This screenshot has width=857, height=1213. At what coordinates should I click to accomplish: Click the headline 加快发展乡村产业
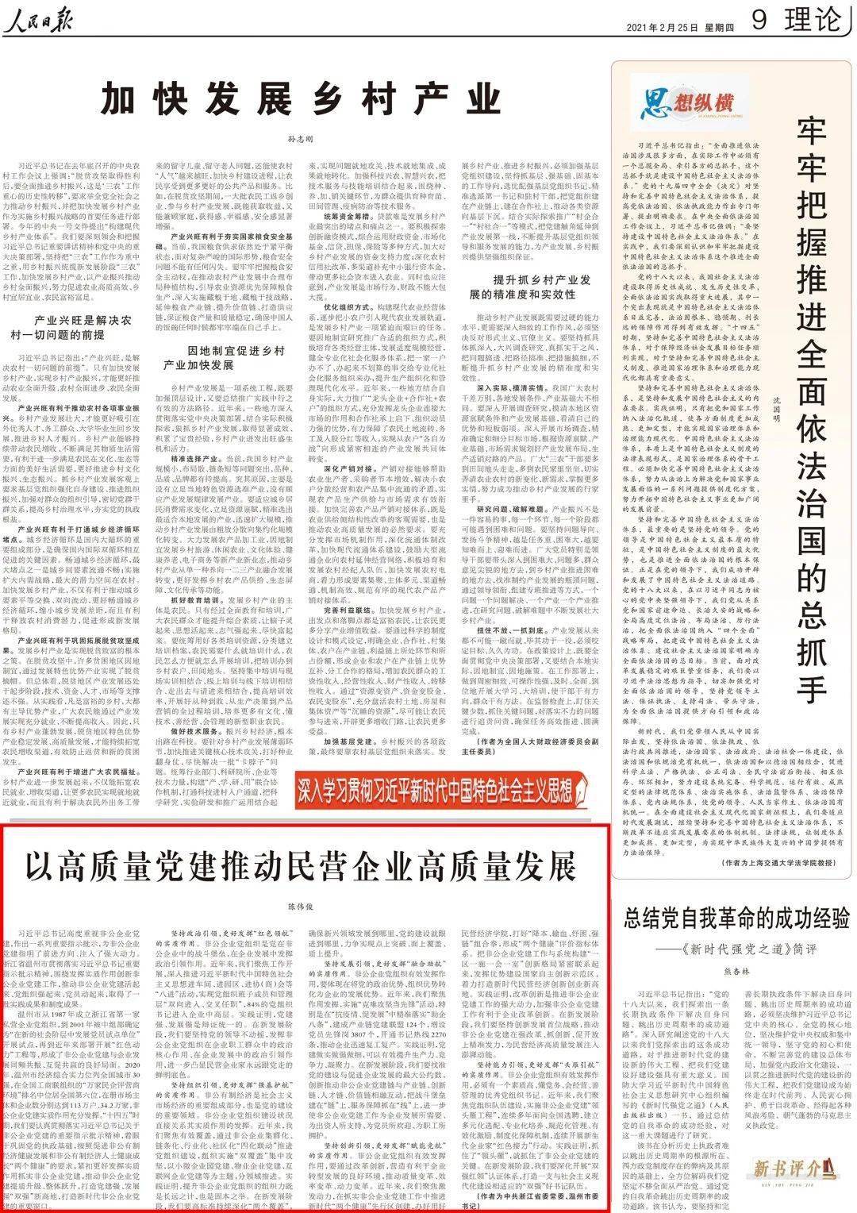pos(302,100)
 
